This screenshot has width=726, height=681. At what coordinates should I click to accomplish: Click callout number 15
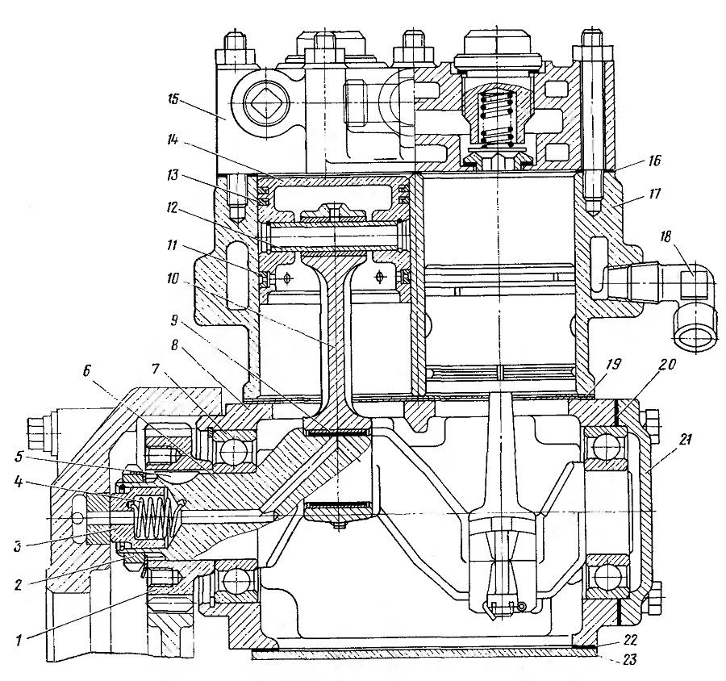174,100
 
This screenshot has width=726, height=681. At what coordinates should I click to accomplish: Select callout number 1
19,641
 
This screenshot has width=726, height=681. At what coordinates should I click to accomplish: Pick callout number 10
173,280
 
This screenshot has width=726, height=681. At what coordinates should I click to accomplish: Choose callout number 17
656,193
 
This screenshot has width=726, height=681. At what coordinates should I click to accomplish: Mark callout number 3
19,545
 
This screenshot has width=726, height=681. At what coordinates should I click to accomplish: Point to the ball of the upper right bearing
606,448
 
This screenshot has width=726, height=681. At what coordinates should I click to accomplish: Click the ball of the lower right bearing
606,578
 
